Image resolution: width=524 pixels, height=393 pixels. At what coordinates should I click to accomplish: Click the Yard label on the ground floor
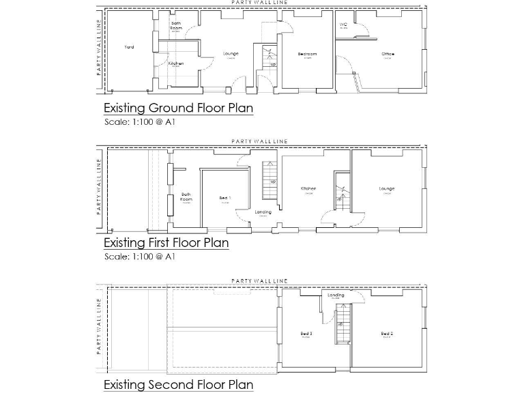click(x=129, y=47)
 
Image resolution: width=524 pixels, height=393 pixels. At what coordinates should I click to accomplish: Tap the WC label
click(x=343, y=25)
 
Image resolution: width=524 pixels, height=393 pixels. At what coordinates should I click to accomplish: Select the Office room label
click(x=388, y=54)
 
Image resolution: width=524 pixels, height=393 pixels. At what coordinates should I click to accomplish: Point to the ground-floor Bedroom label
click(x=307, y=54)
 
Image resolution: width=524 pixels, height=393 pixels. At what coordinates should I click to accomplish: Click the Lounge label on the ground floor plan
click(x=230, y=54)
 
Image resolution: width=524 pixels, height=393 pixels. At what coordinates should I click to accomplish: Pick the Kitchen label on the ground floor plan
click(x=175, y=63)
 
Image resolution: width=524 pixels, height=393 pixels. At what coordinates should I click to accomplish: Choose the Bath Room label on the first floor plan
click(x=186, y=196)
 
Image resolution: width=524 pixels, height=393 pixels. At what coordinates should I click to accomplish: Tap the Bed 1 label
click(x=224, y=198)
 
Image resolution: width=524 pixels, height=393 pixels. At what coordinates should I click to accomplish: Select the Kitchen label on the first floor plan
click(x=308, y=188)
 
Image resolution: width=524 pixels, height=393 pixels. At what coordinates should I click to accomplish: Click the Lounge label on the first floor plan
click(x=387, y=188)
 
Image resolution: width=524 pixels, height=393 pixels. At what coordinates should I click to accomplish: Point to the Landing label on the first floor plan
click(x=263, y=212)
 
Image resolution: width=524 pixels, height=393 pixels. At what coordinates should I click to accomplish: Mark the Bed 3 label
click(x=306, y=333)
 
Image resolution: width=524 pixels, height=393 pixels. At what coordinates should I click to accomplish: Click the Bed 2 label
click(x=386, y=333)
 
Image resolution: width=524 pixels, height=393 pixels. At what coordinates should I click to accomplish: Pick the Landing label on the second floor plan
click(x=336, y=295)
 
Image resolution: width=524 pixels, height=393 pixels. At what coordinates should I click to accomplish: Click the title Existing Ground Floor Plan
click(x=178, y=108)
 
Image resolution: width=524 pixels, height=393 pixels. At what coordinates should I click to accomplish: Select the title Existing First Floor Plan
click(x=166, y=242)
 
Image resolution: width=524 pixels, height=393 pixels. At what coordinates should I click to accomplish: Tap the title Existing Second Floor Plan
click(x=178, y=385)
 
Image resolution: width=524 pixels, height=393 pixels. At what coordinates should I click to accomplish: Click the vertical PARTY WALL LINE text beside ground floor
click(x=99, y=46)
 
